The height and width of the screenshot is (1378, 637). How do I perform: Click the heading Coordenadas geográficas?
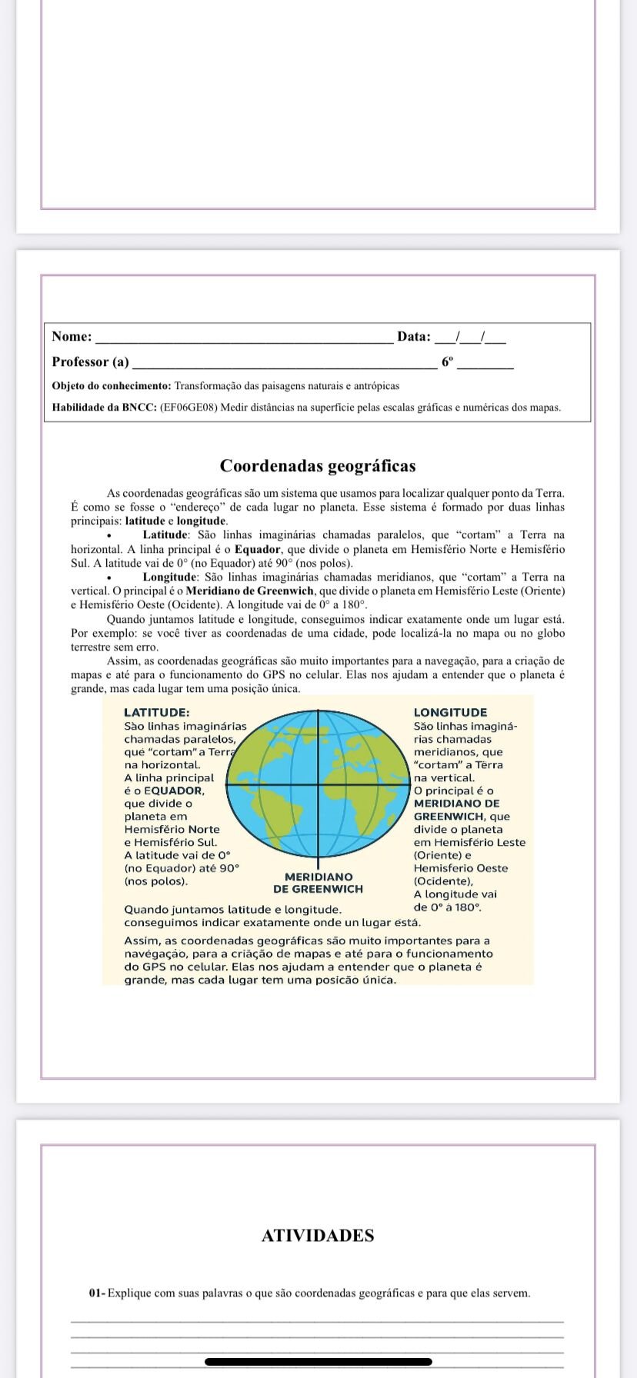click(x=318, y=466)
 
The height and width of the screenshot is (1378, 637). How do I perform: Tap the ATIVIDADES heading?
click(x=318, y=1236)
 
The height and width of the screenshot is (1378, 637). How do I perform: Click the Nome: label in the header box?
click(x=72, y=336)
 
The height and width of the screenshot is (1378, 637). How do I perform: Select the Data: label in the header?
click(x=414, y=336)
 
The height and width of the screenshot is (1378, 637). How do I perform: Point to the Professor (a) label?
click(x=90, y=361)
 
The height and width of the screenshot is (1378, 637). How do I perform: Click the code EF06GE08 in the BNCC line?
click(x=188, y=407)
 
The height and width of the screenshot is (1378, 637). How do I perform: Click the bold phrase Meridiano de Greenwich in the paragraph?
click(x=250, y=591)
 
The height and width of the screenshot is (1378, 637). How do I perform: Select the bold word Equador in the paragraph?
click(x=258, y=549)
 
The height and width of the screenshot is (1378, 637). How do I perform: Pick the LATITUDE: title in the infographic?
click(x=157, y=713)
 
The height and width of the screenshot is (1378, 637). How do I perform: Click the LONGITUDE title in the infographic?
click(x=450, y=713)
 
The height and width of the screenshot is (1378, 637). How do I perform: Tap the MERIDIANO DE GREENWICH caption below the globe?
click(x=318, y=883)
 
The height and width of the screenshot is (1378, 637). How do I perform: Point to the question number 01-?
click(x=97, y=1293)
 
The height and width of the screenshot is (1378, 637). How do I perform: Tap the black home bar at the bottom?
click(x=318, y=1362)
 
